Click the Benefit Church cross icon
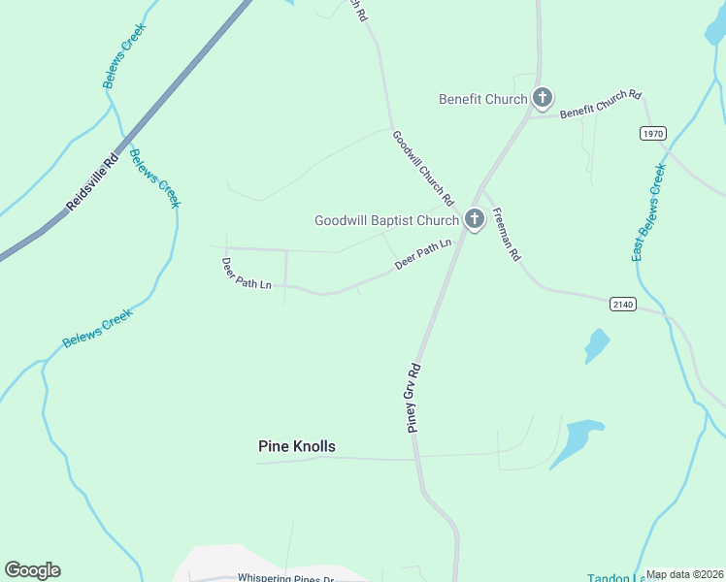pyautogui.click(x=542, y=98)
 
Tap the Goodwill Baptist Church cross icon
pyautogui.click(x=474, y=220)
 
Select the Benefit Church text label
pyautogui.click(x=482, y=99)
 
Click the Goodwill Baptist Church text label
pyautogui.click(x=385, y=221)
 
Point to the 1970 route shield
pyautogui.click(x=653, y=133)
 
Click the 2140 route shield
pyautogui.click(x=623, y=305)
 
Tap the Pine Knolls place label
pyautogui.click(x=296, y=446)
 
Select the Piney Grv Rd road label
pyautogui.click(x=414, y=398)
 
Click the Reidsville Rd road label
pyautogui.click(x=92, y=181)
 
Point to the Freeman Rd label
pyautogui.click(x=507, y=235)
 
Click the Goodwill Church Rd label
pyautogui.click(x=423, y=167)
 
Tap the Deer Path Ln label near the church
pyautogui.click(x=423, y=254)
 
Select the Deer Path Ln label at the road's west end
pyautogui.click(x=246, y=274)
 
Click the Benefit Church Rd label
pyautogui.click(x=601, y=104)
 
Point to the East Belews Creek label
pyautogui.click(x=648, y=212)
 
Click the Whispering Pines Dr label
pyautogui.click(x=285, y=578)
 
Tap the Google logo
pyautogui.click(x=32, y=570)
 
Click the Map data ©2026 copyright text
pyautogui.click(x=684, y=574)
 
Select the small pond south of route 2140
pyautogui.click(x=596, y=345)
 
